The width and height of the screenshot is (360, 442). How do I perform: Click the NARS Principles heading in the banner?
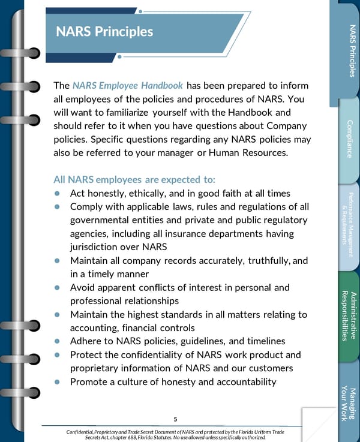point(104,31)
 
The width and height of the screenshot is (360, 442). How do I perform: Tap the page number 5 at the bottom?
point(175,419)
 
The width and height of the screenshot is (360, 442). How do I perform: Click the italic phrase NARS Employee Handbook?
point(127,86)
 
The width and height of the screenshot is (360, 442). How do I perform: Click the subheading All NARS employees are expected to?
point(134,179)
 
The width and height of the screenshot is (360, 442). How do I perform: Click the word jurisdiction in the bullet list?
point(97,246)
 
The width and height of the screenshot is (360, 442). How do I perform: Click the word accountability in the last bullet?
point(239,381)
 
